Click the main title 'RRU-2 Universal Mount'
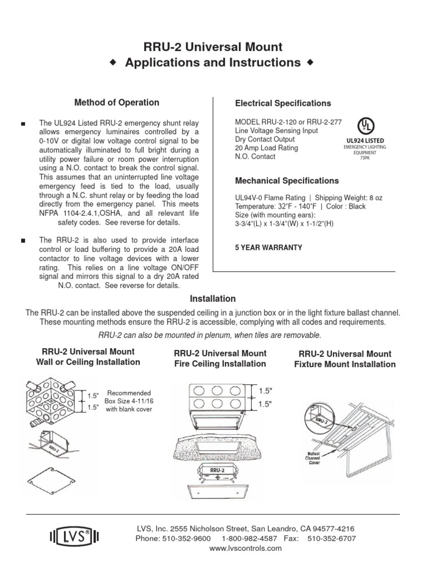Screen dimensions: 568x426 [214, 47]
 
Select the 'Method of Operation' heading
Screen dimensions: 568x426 [116, 103]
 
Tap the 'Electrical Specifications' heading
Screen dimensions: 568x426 [283, 103]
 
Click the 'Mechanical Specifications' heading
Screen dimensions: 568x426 [287, 181]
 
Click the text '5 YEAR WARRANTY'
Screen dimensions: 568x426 [269, 247]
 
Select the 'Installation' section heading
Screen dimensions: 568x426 [214, 298]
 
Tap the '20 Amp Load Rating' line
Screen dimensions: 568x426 [267, 148]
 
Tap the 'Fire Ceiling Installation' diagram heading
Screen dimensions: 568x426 [220, 364]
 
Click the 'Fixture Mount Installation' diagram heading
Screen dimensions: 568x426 [344, 364]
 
